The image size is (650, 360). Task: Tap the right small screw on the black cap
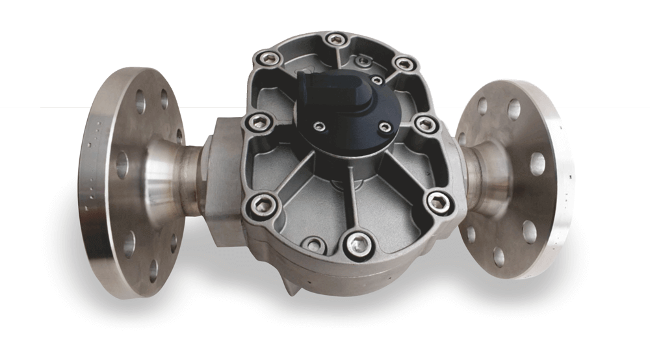tap(384, 126)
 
